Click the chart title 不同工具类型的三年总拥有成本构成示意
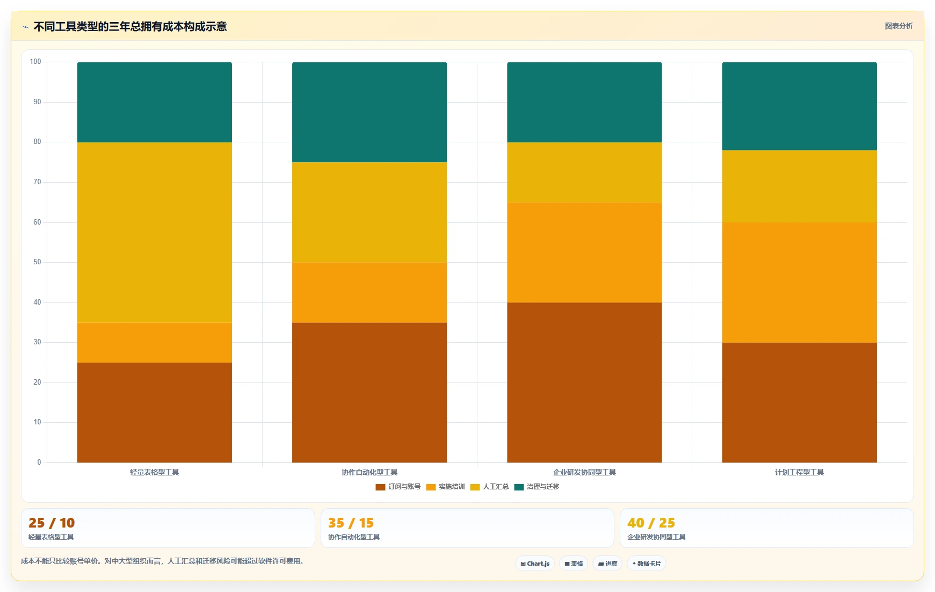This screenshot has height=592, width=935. [130, 26]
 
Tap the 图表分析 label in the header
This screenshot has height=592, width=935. [898, 26]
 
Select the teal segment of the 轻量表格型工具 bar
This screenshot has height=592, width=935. [155, 102]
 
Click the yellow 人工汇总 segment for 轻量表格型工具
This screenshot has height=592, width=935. [155, 233]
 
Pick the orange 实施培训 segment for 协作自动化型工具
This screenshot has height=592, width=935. [369, 293]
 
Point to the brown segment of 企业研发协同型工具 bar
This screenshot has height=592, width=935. [584, 382]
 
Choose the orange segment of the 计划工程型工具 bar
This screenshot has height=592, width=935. [799, 283]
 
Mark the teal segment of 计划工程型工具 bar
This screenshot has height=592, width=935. [799, 106]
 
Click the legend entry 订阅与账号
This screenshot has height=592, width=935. [398, 487]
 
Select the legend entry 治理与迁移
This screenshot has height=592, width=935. [537, 487]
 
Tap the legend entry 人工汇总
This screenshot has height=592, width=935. [489, 487]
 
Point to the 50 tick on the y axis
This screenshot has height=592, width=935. [37, 262]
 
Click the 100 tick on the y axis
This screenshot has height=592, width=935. [35, 62]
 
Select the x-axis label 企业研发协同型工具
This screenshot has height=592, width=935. [584, 472]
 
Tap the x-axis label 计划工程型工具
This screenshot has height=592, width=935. [799, 472]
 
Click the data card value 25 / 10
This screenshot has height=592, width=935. [52, 523]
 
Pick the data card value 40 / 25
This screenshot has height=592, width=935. [651, 523]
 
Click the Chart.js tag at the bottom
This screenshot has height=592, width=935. [535, 564]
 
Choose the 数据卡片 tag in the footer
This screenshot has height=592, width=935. [647, 564]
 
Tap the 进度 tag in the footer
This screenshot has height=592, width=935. [607, 564]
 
